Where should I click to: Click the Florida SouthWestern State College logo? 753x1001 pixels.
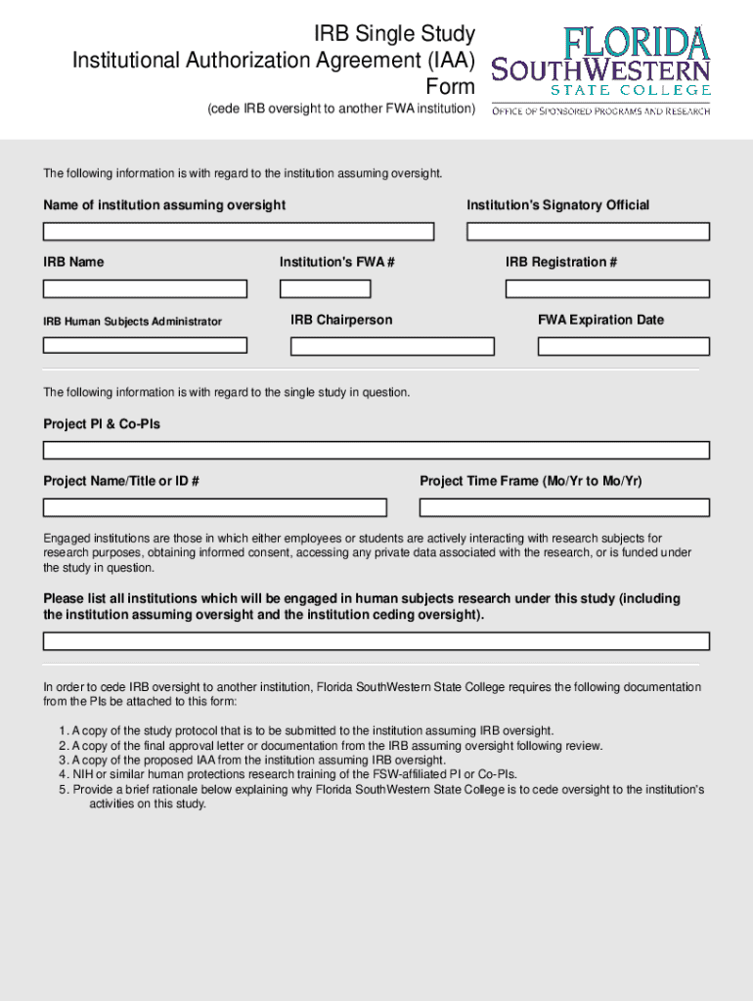600,62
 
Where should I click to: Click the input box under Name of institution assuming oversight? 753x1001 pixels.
238,232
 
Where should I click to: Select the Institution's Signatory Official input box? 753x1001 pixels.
588,232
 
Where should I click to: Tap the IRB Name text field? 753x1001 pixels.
145,289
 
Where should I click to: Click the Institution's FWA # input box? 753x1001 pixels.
325,289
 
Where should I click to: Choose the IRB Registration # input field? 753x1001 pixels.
607,289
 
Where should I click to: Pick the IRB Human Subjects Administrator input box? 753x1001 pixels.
145,345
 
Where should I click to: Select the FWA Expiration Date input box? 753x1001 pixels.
624,346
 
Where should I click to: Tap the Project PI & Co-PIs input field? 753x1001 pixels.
376,451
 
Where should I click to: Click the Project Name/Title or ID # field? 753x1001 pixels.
215,507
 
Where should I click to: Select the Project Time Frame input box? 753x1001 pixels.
564,507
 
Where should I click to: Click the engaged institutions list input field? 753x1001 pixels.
376,641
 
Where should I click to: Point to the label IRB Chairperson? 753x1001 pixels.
341,320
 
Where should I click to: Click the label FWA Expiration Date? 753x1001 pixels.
600,320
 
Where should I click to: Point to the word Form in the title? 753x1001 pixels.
450,87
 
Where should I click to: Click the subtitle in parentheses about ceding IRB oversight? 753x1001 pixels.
341,109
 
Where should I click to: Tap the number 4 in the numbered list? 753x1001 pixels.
63,774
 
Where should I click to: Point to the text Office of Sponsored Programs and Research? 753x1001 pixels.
600,111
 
